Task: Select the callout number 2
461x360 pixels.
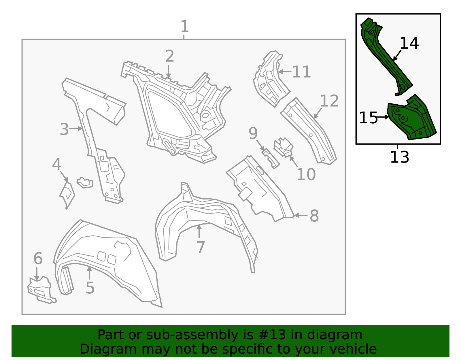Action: click(x=169, y=56)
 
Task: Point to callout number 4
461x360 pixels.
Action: click(x=57, y=164)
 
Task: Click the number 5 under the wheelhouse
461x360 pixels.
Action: click(x=90, y=288)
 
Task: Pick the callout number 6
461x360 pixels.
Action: click(x=38, y=258)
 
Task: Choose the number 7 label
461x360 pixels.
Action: click(x=201, y=247)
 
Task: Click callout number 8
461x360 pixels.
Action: click(x=314, y=216)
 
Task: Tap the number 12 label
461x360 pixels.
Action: click(x=329, y=101)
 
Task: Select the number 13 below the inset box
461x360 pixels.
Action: click(x=400, y=157)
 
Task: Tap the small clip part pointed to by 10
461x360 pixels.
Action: click(x=284, y=147)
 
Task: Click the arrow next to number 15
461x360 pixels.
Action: click(x=383, y=117)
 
